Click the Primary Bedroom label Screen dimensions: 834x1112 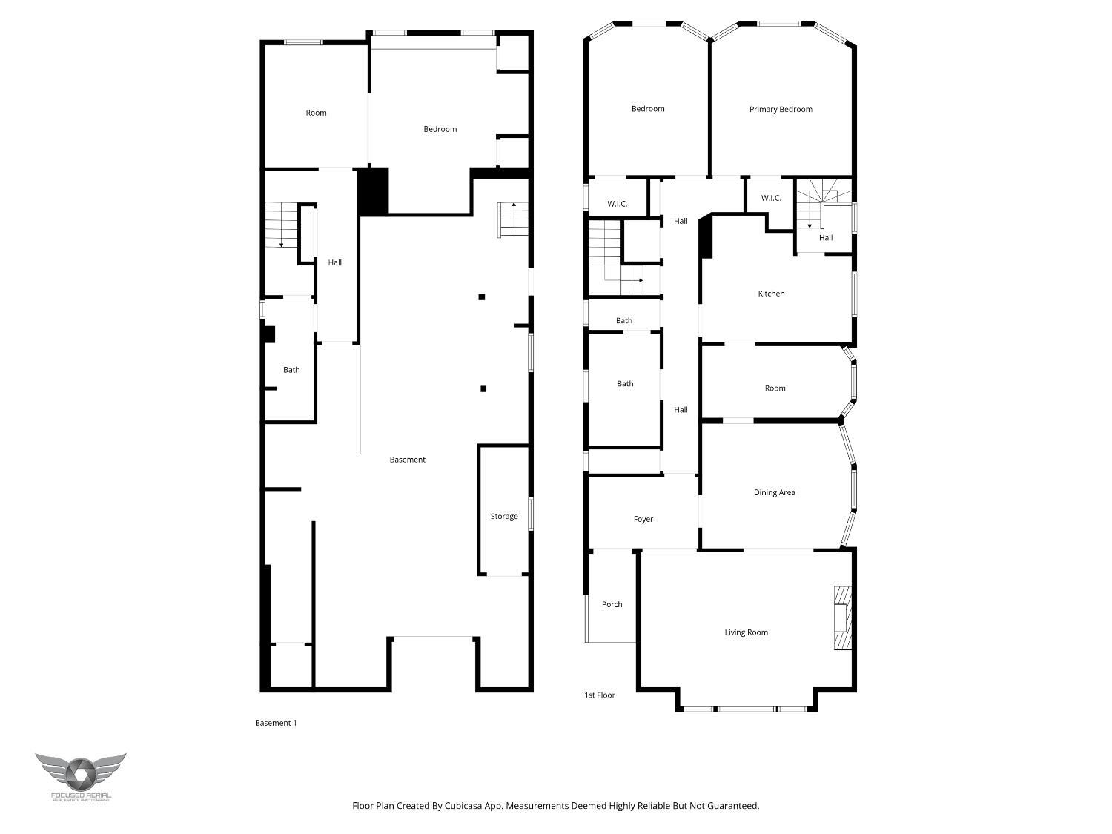pyautogui.click(x=780, y=110)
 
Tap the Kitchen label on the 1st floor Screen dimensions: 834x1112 pyautogui.click(x=771, y=294)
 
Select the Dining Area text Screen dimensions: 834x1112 pyautogui.click(x=774, y=493)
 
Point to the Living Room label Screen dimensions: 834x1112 pyautogui.click(x=746, y=633)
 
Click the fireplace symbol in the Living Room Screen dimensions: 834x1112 pyautogui.click(x=842, y=618)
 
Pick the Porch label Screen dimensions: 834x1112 pyautogui.click(x=612, y=605)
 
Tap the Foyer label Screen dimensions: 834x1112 pyautogui.click(x=643, y=520)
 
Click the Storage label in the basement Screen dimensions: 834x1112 pyautogui.click(x=503, y=517)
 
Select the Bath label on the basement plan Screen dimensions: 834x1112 pyautogui.click(x=291, y=371)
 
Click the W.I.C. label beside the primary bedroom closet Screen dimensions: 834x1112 pyautogui.click(x=771, y=199)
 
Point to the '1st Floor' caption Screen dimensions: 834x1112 pyautogui.click(x=599, y=695)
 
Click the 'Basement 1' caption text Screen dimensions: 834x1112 pyautogui.click(x=276, y=724)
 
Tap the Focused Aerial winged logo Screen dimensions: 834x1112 pyautogui.click(x=80, y=773)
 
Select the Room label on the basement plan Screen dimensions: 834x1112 pyautogui.click(x=316, y=113)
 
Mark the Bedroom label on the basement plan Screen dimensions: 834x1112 pyautogui.click(x=440, y=130)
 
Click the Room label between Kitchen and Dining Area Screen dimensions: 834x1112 pyautogui.click(x=775, y=388)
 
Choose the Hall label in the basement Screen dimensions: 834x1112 pyautogui.click(x=335, y=263)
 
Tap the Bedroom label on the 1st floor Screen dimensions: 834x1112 pyautogui.click(x=647, y=110)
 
